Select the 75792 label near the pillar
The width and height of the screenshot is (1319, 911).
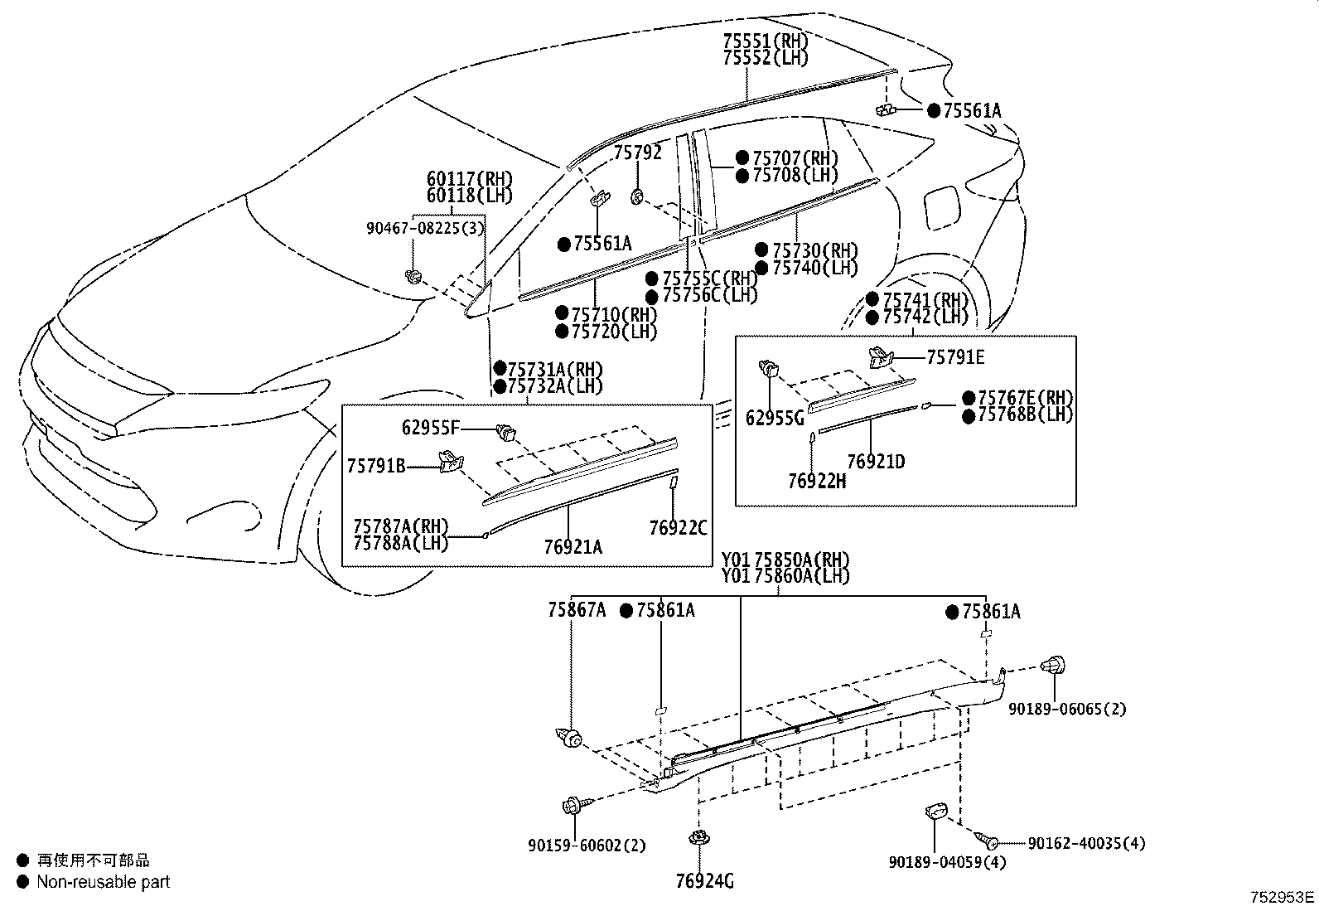[x=637, y=153]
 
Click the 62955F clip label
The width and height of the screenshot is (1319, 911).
[x=430, y=428]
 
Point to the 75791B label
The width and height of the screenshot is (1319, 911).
[x=376, y=467]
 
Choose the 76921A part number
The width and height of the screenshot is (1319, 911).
[x=573, y=547]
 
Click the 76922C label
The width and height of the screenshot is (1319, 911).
[x=679, y=528]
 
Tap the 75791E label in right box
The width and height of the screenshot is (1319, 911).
[x=955, y=357]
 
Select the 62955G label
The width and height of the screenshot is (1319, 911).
[x=775, y=419]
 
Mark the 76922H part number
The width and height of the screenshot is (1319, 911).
[x=817, y=480]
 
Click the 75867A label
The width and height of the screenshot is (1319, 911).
[x=576, y=611]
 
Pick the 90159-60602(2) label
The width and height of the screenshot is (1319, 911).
[x=587, y=846]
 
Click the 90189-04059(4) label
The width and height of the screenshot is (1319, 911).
[x=947, y=862]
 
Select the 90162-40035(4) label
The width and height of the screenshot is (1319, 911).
[x=1086, y=843]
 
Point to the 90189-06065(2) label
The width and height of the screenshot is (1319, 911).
[x=1067, y=710]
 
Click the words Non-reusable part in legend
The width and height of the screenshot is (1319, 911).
[x=103, y=882]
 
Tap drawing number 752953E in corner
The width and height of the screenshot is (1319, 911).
[x=1283, y=897]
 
